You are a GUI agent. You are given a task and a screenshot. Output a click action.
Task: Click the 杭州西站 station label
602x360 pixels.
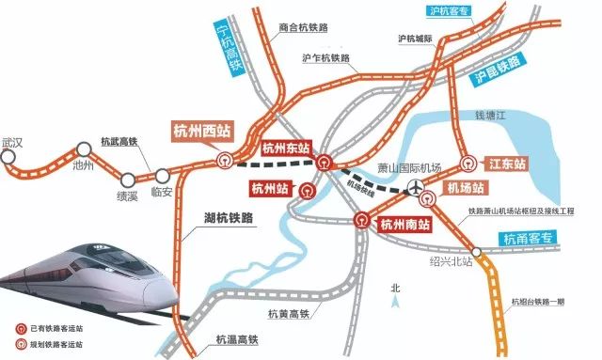pyautogui.click(x=202, y=132)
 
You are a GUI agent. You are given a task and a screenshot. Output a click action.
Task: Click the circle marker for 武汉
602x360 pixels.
pyautogui.click(x=9, y=158)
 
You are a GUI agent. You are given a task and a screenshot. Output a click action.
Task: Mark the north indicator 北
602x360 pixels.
pyautogui.click(x=395, y=289)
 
